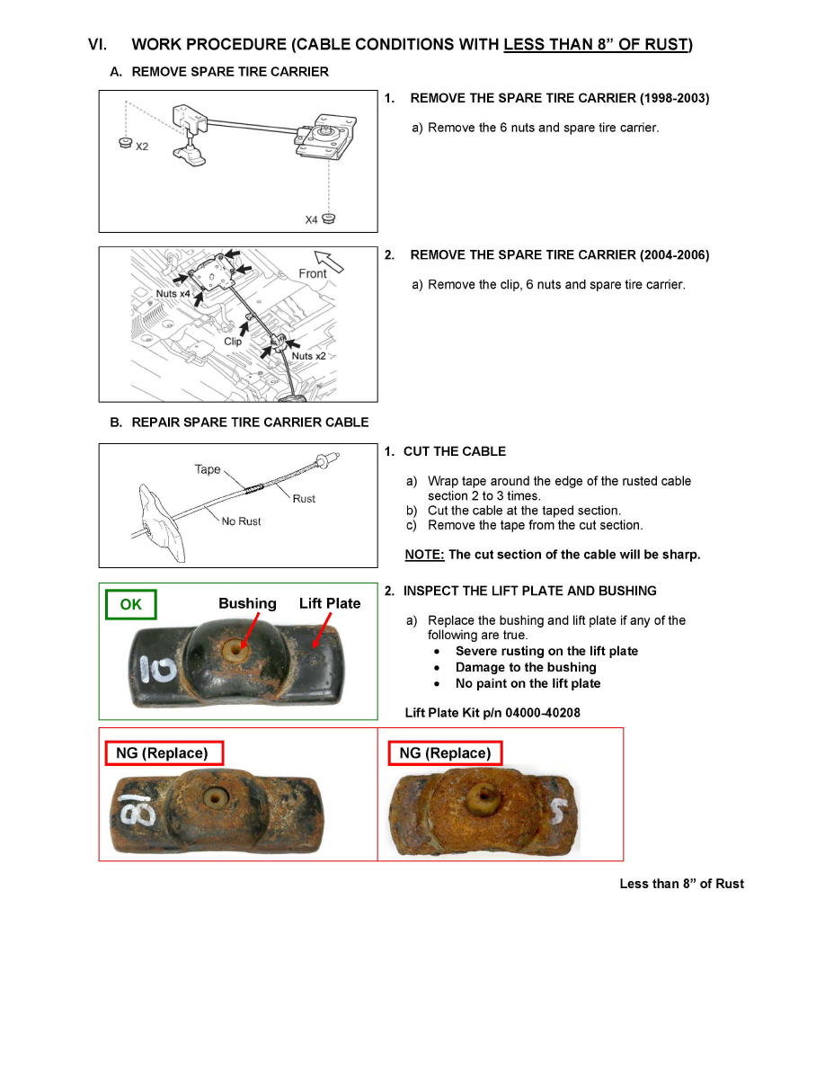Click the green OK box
[x=131, y=605]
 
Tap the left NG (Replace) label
[x=164, y=752]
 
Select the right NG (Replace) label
[x=445, y=752]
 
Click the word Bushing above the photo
[x=247, y=603]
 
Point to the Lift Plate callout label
[x=330, y=603]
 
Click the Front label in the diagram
[x=312, y=273]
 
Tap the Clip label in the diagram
[x=233, y=341]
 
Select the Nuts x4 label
[x=172, y=294]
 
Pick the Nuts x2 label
[x=308, y=356]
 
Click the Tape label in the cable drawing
[x=208, y=469]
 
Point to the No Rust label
[x=242, y=521]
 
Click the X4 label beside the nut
[x=311, y=219]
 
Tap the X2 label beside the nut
[x=142, y=147]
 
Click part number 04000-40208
[x=530, y=713]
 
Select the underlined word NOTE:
[x=424, y=555]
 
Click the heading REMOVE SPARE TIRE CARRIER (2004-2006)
[x=559, y=255]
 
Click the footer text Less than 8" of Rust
[x=681, y=884]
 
